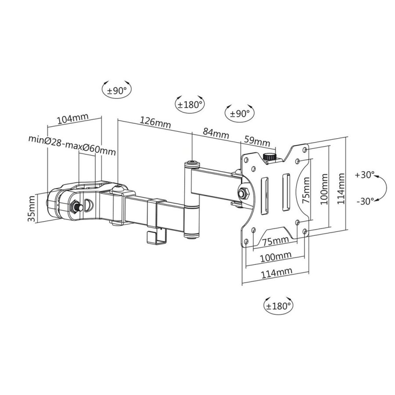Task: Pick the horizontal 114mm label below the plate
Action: (276, 273)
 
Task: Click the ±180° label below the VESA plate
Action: (278, 305)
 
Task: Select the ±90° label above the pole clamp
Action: (117, 91)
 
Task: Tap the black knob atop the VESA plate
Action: (268, 157)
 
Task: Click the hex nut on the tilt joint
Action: (242, 192)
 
